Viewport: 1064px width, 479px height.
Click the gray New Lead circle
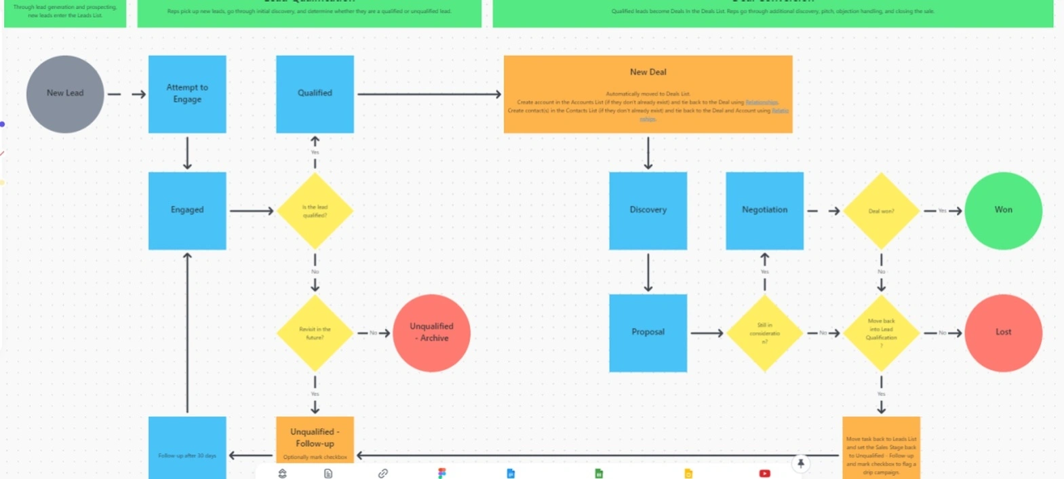pyautogui.click(x=65, y=94)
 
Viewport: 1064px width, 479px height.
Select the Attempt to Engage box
pyautogui.click(x=187, y=94)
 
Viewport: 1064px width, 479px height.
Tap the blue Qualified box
pyautogui.click(x=315, y=94)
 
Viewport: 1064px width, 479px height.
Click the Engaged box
pyautogui.click(x=187, y=210)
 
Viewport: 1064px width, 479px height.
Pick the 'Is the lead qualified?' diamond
pyautogui.click(x=315, y=211)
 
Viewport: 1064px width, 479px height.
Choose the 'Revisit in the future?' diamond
pyautogui.click(x=315, y=333)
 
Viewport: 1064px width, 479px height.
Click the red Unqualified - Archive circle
pyautogui.click(x=431, y=332)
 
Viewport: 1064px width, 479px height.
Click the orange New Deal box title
pyautogui.click(x=648, y=72)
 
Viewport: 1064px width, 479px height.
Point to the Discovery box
pyautogui.click(x=648, y=210)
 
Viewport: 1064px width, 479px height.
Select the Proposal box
pyautogui.click(x=648, y=332)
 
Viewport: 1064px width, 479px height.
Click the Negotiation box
pyautogui.click(x=764, y=210)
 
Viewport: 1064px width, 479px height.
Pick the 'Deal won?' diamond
pyautogui.click(x=881, y=211)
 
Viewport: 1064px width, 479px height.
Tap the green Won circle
pyautogui.click(x=1003, y=210)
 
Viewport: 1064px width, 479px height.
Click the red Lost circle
pyautogui.click(x=1003, y=332)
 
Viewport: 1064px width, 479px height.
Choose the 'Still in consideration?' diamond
pyautogui.click(x=764, y=333)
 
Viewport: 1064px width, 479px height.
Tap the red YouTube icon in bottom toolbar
pyautogui.click(x=764, y=473)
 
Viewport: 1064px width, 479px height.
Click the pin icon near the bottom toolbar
pyautogui.click(x=801, y=463)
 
